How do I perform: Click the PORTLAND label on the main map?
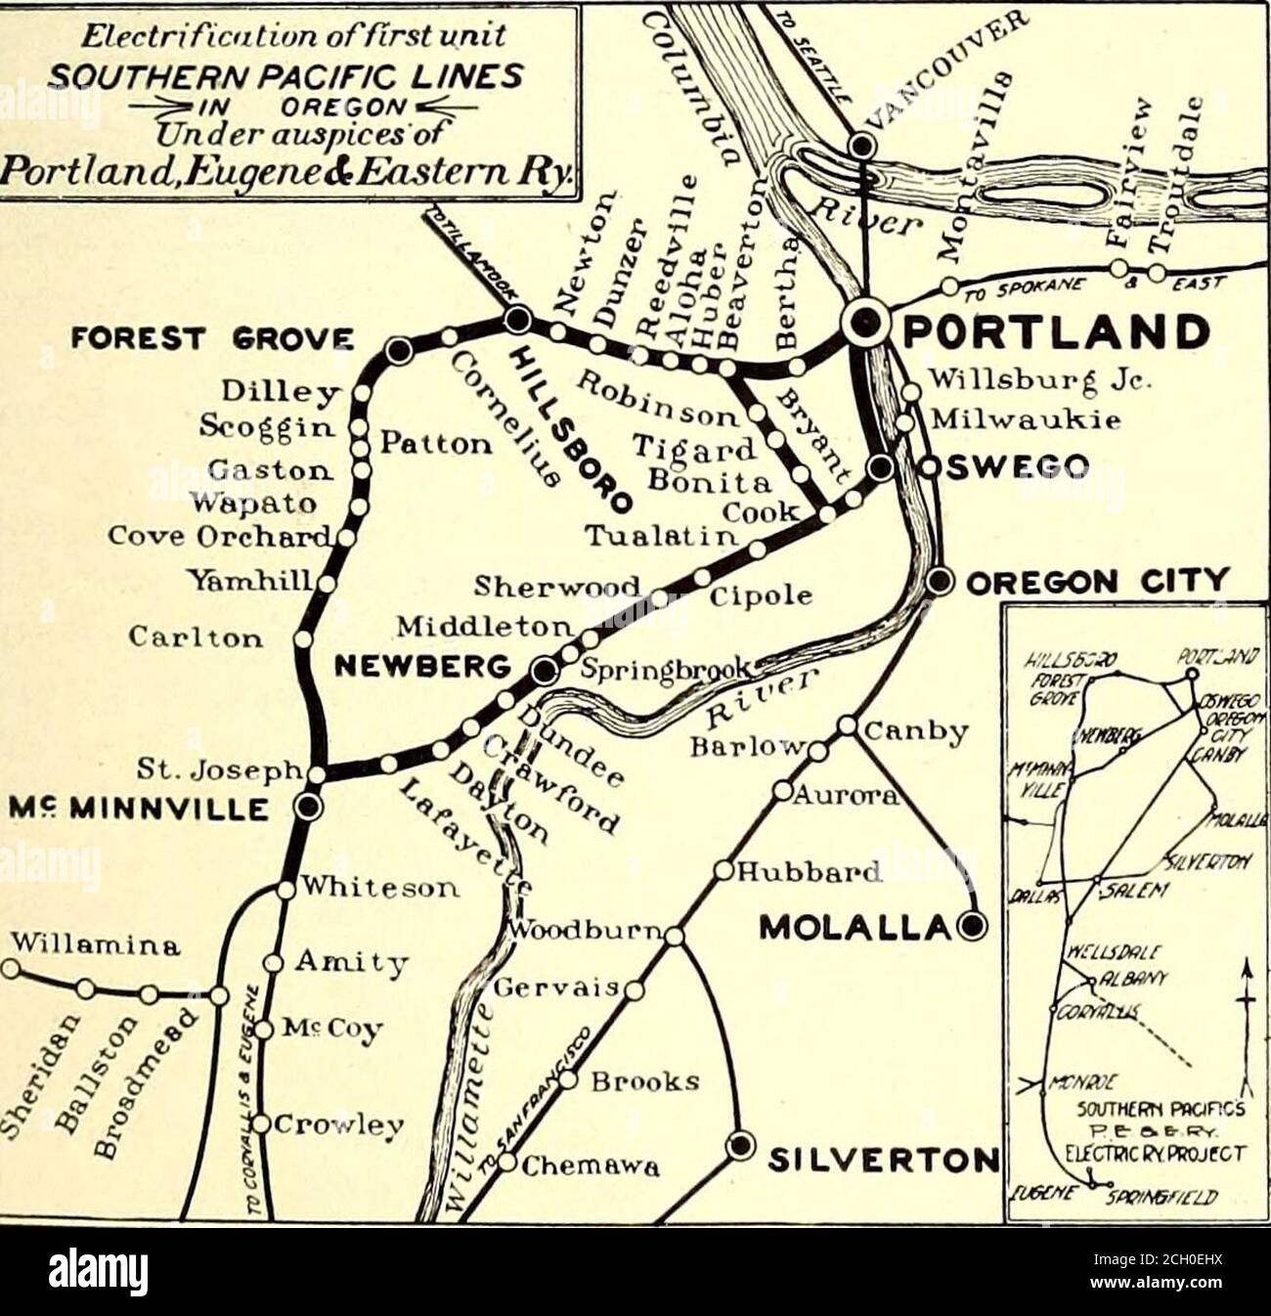(1054, 332)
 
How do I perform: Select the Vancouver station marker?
(861, 147)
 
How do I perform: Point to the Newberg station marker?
(544, 670)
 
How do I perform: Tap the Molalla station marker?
(972, 925)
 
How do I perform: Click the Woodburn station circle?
(674, 937)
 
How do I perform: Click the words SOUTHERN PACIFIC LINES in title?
(286, 75)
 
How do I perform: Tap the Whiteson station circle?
(285, 890)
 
